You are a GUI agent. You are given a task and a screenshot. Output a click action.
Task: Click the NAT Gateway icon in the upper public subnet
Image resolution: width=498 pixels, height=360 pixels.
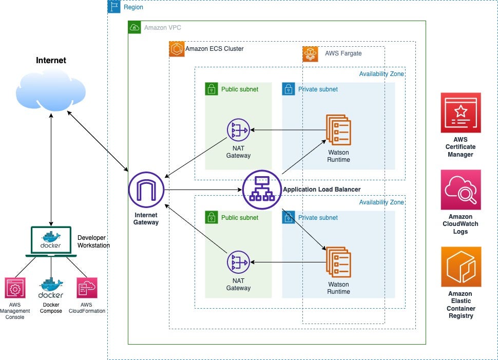(238, 130)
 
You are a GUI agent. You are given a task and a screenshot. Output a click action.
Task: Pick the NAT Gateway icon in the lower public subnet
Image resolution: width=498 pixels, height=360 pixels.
(238, 262)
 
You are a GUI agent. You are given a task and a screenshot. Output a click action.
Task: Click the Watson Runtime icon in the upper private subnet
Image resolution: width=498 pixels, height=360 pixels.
(338, 129)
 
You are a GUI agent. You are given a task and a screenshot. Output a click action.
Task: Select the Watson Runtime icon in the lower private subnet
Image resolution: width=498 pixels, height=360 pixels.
(338, 261)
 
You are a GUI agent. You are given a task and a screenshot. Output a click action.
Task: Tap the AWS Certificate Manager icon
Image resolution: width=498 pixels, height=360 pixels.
(461, 113)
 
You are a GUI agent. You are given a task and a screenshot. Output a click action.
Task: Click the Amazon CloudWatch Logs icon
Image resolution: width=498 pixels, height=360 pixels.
(461, 190)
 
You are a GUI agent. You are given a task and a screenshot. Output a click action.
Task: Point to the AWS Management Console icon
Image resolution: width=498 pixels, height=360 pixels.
(15, 288)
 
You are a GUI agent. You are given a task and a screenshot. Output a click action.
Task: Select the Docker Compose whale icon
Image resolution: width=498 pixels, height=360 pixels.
(51, 288)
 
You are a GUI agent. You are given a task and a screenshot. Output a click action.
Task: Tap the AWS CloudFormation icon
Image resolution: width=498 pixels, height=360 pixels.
(86, 288)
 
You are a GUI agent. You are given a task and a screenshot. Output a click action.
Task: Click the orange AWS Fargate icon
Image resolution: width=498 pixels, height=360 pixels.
(311, 53)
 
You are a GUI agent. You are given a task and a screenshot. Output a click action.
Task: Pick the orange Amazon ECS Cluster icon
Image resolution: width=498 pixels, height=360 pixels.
(177, 49)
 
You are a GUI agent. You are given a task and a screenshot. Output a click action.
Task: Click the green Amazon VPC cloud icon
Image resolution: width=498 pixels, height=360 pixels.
(135, 27)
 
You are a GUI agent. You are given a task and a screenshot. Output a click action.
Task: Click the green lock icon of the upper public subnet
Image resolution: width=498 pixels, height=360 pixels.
(211, 89)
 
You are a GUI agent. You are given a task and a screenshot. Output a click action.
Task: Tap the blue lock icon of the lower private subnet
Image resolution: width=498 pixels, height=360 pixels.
(289, 217)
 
